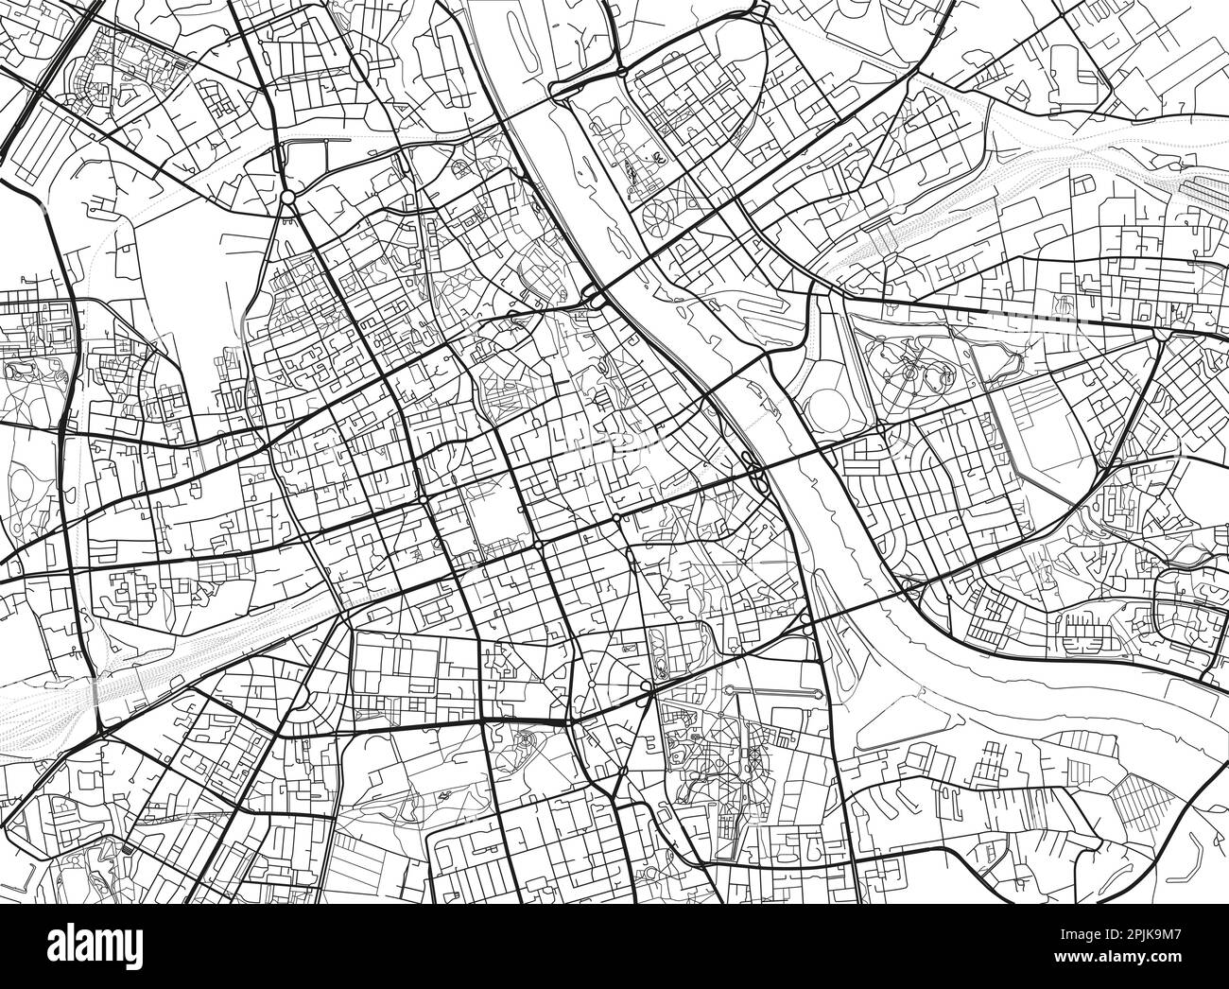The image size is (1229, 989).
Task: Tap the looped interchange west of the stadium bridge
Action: tap(753, 467)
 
